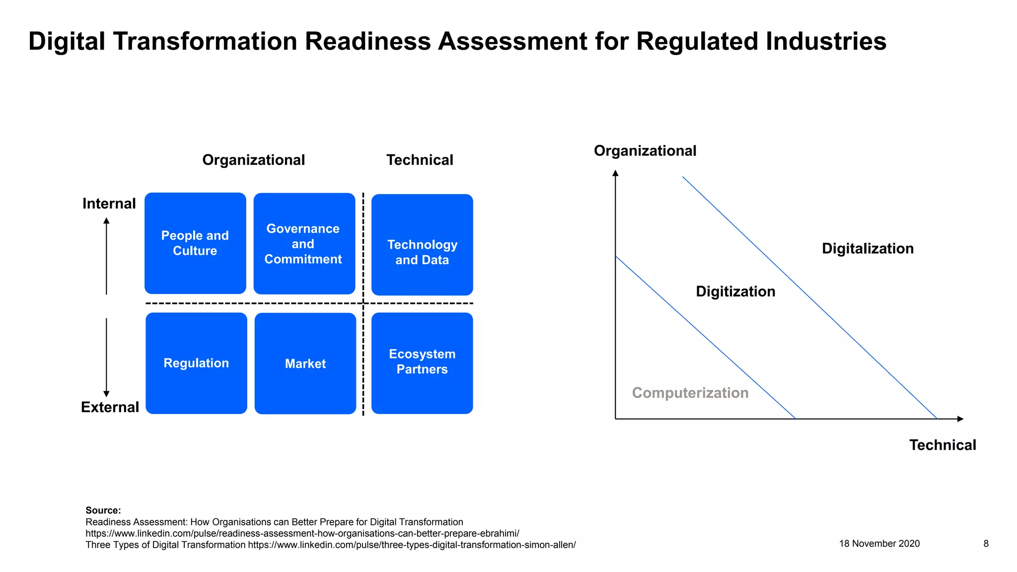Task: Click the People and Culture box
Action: [195, 243]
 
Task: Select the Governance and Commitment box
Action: [304, 244]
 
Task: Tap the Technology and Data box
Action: [422, 245]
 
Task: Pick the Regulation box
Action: [196, 363]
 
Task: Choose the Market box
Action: [305, 363]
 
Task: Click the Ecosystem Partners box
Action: [422, 363]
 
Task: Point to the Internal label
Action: [109, 204]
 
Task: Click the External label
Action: [110, 407]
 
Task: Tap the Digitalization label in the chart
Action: [868, 248]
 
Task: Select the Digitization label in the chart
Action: [735, 291]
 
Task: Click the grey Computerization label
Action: [690, 393]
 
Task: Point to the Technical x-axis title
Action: [942, 445]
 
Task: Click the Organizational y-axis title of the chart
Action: [645, 151]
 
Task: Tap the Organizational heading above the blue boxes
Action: [253, 160]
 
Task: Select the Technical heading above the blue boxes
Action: [420, 160]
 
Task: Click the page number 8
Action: [986, 544]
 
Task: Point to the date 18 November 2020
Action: [879, 544]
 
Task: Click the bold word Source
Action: [103, 510]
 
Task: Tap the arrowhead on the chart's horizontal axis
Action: [960, 419]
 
